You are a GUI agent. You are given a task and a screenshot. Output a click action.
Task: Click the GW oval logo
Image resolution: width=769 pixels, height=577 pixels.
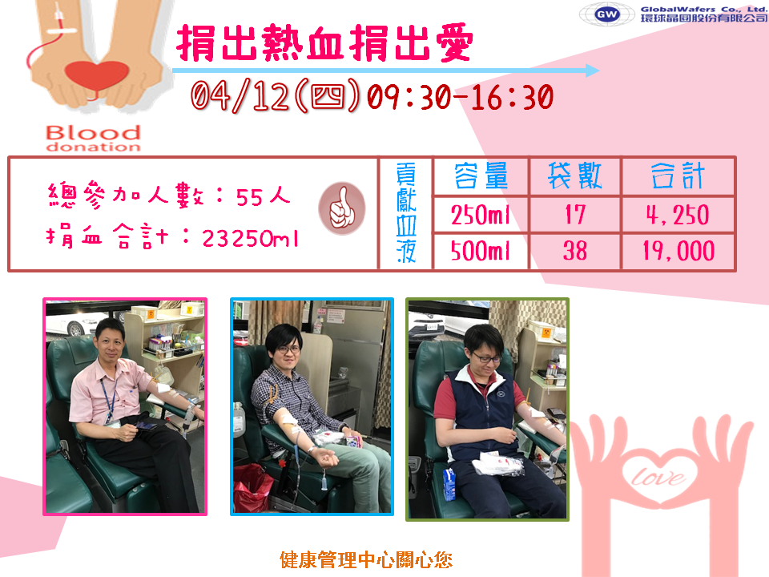[606, 14]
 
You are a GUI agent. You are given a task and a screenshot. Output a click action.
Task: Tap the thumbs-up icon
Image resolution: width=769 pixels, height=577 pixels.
[342, 208]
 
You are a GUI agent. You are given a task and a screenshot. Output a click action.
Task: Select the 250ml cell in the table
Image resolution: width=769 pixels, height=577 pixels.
[481, 215]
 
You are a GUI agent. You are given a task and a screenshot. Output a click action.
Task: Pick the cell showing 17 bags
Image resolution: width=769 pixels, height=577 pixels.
[575, 215]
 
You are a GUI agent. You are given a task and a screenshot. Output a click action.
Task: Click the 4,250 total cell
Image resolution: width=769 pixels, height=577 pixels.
[678, 215]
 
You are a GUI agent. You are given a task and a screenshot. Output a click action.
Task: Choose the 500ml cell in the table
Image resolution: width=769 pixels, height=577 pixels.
[481, 251]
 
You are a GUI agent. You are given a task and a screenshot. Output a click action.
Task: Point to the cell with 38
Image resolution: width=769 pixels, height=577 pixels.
[575, 251]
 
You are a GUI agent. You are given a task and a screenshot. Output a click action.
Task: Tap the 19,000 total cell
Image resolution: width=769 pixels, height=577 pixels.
[678, 251]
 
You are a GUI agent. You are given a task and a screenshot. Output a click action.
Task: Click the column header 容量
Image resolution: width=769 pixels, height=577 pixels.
[481, 176]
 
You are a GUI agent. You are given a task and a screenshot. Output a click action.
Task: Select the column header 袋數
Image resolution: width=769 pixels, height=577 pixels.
[575, 176]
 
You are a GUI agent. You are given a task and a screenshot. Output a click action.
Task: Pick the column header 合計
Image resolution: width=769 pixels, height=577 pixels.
[678, 176]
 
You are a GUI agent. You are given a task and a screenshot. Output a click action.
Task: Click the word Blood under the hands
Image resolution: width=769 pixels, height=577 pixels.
[93, 132]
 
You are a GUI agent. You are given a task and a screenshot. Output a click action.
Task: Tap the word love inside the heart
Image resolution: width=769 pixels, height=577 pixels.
[658, 477]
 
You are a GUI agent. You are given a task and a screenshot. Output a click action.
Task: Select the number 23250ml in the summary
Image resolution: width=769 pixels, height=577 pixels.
[250, 239]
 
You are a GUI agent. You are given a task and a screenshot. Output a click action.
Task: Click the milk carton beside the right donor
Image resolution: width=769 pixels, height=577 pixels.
[449, 484]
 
